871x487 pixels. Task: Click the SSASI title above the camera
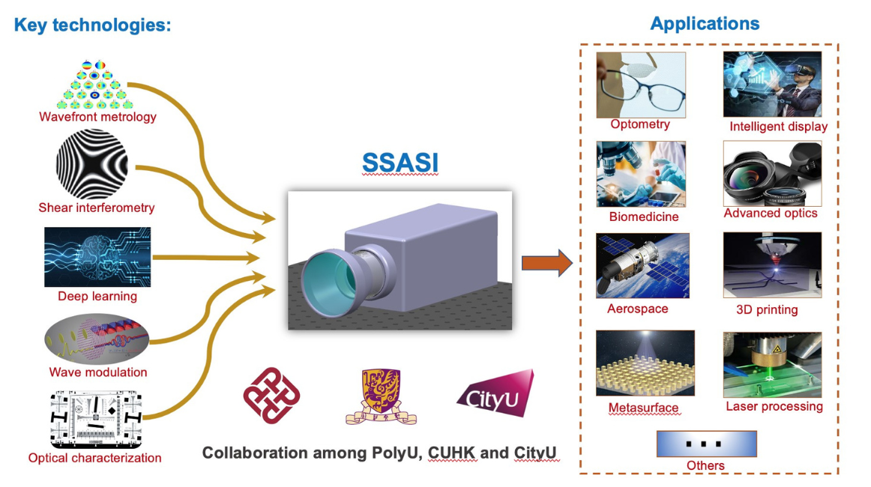[x=400, y=163]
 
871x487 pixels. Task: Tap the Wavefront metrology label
[x=97, y=117]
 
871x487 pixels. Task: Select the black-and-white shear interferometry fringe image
[x=92, y=164]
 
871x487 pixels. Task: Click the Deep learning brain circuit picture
[x=97, y=257]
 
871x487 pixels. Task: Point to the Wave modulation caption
[x=98, y=372]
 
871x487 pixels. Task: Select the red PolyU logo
[x=271, y=395]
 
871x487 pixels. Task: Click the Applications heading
[x=705, y=23]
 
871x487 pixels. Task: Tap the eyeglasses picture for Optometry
[x=641, y=84]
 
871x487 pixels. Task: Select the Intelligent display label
[x=778, y=127]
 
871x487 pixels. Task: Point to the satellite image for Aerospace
[x=642, y=266]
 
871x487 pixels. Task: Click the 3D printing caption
[x=766, y=309]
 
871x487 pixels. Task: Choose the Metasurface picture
[x=645, y=363]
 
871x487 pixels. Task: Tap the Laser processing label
[x=774, y=407]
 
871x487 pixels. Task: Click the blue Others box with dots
[x=706, y=444]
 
